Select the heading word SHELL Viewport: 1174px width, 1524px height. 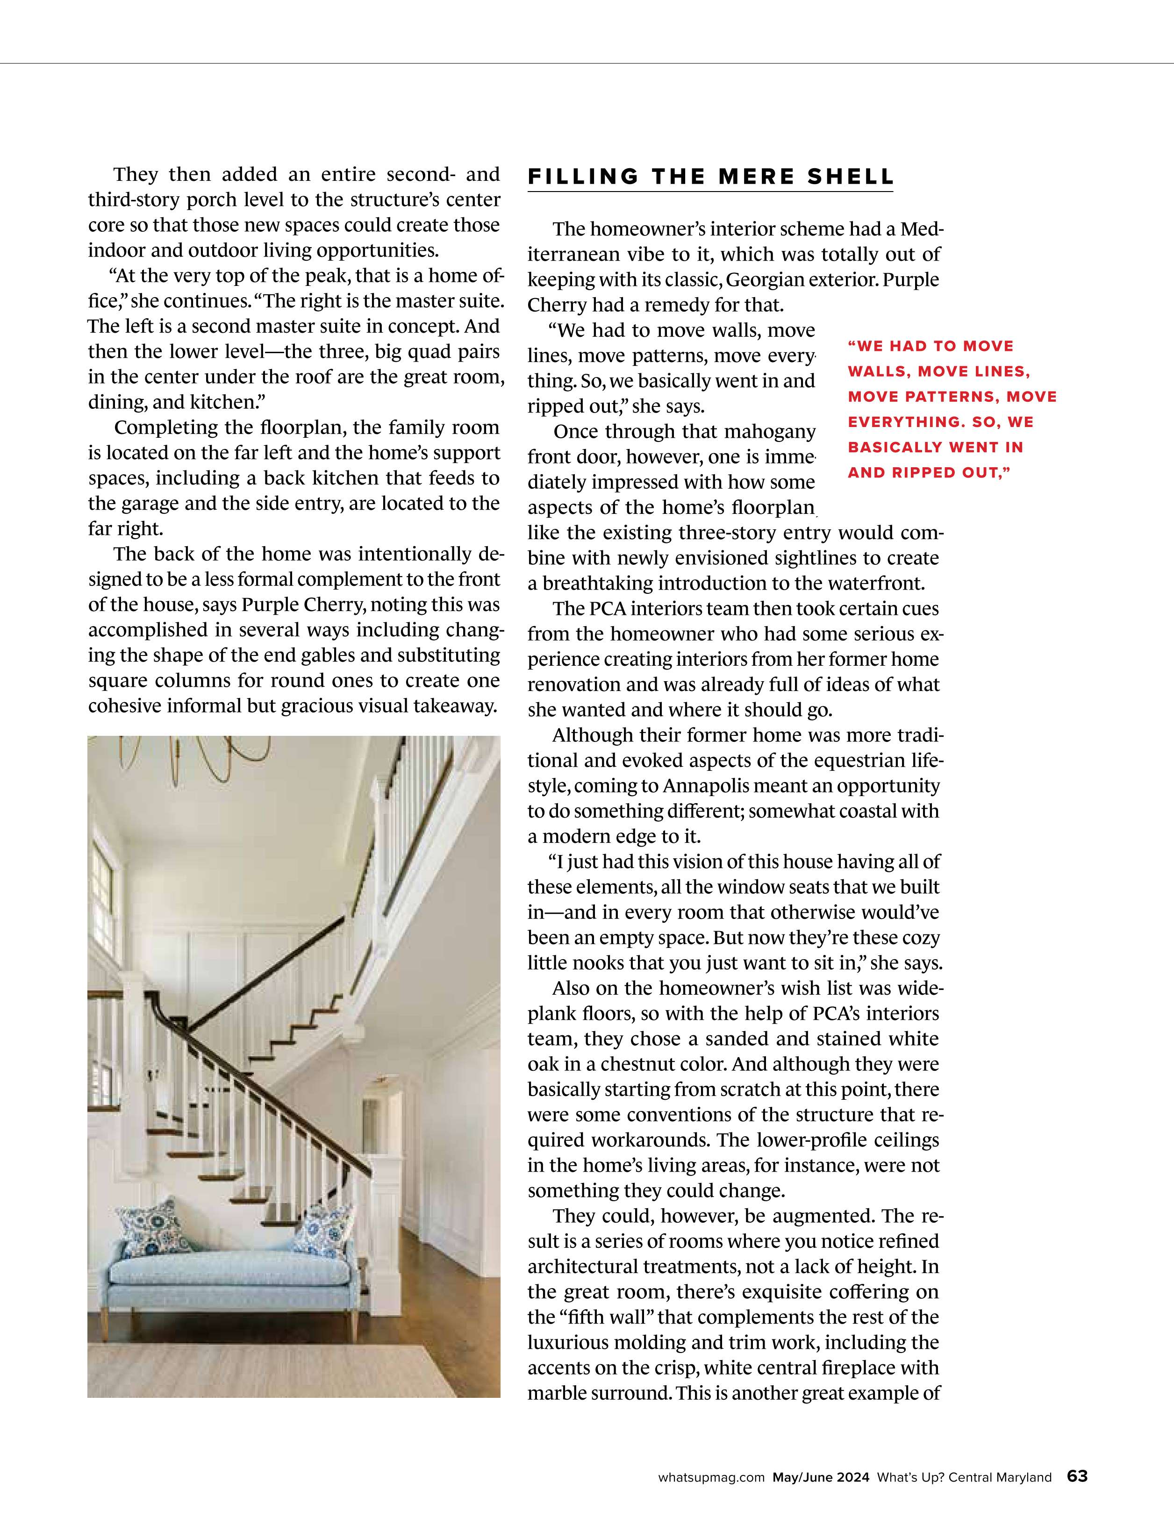(850, 177)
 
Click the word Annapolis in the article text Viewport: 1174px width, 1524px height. (699, 786)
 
